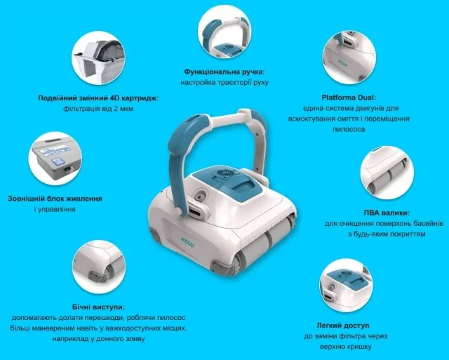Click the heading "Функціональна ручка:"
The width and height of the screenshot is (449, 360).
point(224,72)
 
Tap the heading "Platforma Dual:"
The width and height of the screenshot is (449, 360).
point(349,98)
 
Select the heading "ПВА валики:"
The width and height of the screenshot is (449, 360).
point(387,213)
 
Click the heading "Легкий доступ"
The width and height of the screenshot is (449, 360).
point(343,326)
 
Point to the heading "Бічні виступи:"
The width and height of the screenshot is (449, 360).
point(98,307)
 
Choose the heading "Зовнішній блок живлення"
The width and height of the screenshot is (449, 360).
point(55,199)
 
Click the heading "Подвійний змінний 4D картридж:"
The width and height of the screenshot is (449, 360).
point(98,98)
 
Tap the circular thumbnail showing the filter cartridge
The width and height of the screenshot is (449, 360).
point(98,58)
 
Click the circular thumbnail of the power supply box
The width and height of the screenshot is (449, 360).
point(55,158)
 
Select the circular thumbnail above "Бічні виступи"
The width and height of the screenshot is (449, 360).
point(98,267)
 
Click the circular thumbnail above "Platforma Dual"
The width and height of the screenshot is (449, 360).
point(349,58)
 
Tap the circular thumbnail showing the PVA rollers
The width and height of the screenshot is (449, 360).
point(387,173)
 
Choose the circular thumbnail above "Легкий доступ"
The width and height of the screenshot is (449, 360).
point(346,285)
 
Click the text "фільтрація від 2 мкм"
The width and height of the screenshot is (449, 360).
point(98,109)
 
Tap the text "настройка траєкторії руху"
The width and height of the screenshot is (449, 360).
point(224,83)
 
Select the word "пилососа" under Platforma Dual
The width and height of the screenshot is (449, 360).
point(349,129)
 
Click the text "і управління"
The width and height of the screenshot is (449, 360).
point(55,209)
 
